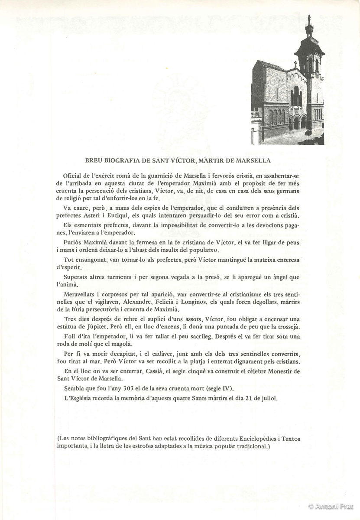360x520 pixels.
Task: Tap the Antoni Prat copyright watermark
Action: (332, 506)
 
